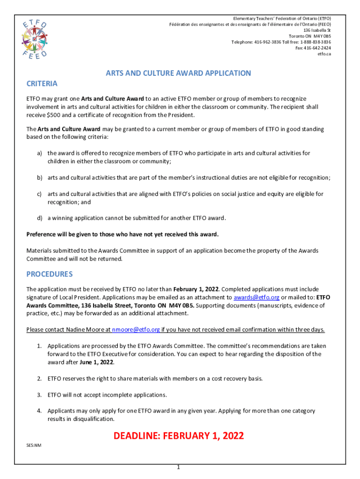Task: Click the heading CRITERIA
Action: pyautogui.click(x=42, y=84)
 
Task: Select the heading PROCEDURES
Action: pyautogui.click(x=49, y=274)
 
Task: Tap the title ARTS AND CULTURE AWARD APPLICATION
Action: pyautogui.click(x=178, y=73)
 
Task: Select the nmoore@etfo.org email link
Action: pyautogui.click(x=136, y=329)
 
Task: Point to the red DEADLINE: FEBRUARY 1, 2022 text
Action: pyautogui.click(x=179, y=435)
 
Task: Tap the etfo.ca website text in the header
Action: pyautogui.click(x=324, y=54)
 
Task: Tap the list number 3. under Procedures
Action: pyautogui.click(x=40, y=394)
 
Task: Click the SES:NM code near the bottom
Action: pyautogui.click(x=33, y=445)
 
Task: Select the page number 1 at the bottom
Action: pyautogui.click(x=179, y=467)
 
